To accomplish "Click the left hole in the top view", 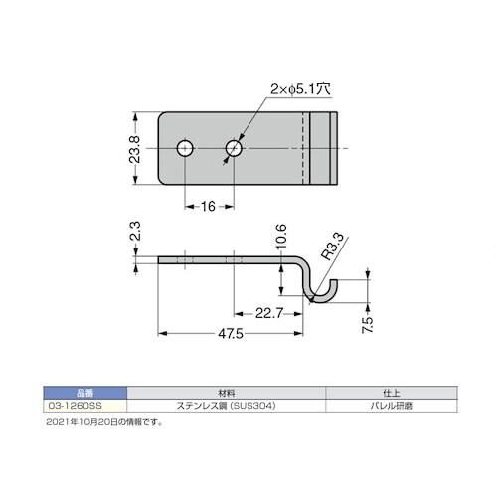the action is pos(185,148).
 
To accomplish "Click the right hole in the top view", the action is pos(234,148).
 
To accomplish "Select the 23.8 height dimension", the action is pos(134,149).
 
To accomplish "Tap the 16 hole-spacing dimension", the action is pos(208,207).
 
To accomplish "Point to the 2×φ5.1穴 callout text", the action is pos(300,89).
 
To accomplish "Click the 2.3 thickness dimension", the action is pos(135,231).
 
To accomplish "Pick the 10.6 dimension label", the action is pos(281,237).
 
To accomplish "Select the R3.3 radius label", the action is pos(332,247).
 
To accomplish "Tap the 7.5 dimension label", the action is pos(367,325).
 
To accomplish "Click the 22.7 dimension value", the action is pos(269,313).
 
